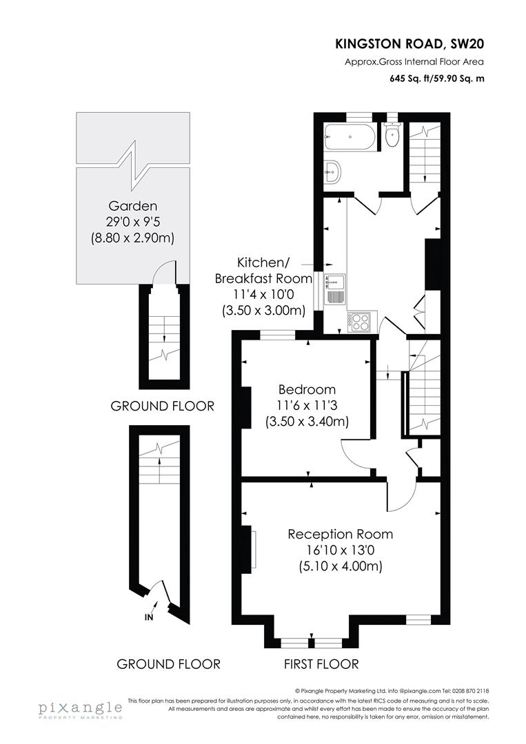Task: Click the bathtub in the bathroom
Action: point(350,137)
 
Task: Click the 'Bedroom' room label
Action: point(307,389)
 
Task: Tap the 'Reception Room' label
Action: point(340,534)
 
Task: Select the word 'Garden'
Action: point(132,205)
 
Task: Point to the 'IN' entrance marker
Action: point(149,617)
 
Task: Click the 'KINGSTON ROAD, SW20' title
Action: point(409,44)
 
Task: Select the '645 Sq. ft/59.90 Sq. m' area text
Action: point(437,78)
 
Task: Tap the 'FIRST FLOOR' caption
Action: point(321,664)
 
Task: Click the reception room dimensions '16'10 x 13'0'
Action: point(340,550)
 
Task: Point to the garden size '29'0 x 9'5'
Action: point(132,222)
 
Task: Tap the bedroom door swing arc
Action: point(353,453)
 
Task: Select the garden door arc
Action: point(163,271)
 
